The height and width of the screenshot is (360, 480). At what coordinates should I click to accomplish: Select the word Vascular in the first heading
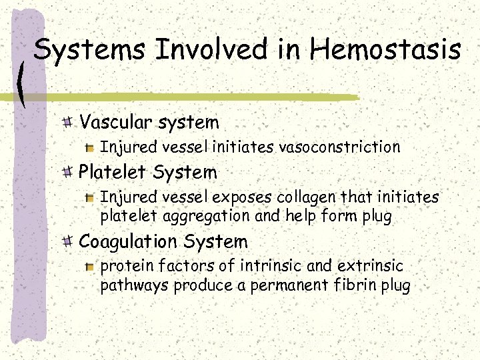pyautogui.click(x=117, y=122)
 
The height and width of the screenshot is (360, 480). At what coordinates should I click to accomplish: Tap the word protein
pyautogui.click(x=123, y=266)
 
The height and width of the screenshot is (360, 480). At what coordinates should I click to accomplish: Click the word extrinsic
pyautogui.click(x=370, y=266)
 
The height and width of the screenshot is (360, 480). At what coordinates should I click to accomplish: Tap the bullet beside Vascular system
pyautogui.click(x=68, y=122)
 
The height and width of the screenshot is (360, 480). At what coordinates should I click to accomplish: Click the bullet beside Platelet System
pyautogui.click(x=68, y=173)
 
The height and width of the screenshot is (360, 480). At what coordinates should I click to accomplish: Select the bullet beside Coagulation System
pyautogui.click(x=68, y=241)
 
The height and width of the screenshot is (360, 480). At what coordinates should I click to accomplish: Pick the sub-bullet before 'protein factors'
pyautogui.click(x=91, y=267)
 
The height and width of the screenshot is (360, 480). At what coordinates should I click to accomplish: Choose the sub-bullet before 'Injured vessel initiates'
pyautogui.click(x=91, y=147)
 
